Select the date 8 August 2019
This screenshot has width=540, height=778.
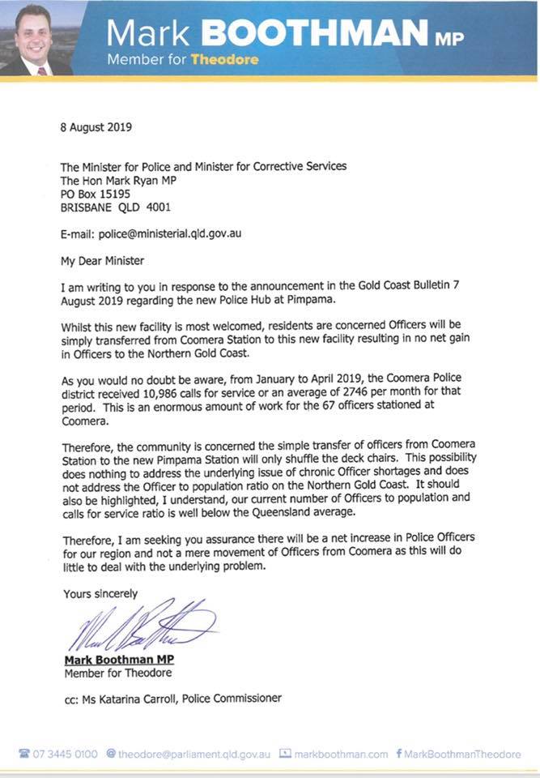click(96, 127)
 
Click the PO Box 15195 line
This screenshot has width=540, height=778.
click(102, 194)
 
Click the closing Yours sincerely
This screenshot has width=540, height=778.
click(100, 594)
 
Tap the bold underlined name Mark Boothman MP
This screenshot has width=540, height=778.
click(119, 660)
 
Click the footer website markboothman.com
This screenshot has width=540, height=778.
click(340, 754)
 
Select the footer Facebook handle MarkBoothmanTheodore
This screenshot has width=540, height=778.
click(464, 754)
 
